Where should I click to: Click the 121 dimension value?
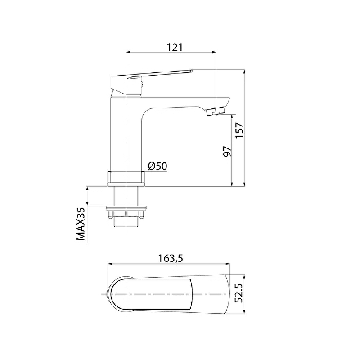click(x=175, y=47)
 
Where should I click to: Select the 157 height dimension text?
click(x=239, y=130)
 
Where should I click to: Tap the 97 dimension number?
click(x=227, y=151)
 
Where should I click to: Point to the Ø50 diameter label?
click(x=158, y=166)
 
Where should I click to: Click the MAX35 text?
click(x=81, y=224)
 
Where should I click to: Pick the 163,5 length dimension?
click(x=171, y=258)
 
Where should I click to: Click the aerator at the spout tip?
click(x=216, y=111)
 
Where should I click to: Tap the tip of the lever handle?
click(x=192, y=71)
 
